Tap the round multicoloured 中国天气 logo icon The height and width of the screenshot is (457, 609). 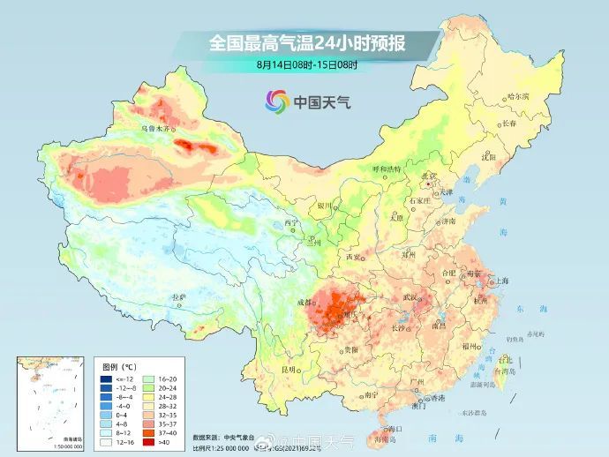click(x=277, y=102)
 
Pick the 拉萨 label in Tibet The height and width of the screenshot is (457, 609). click(x=179, y=297)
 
